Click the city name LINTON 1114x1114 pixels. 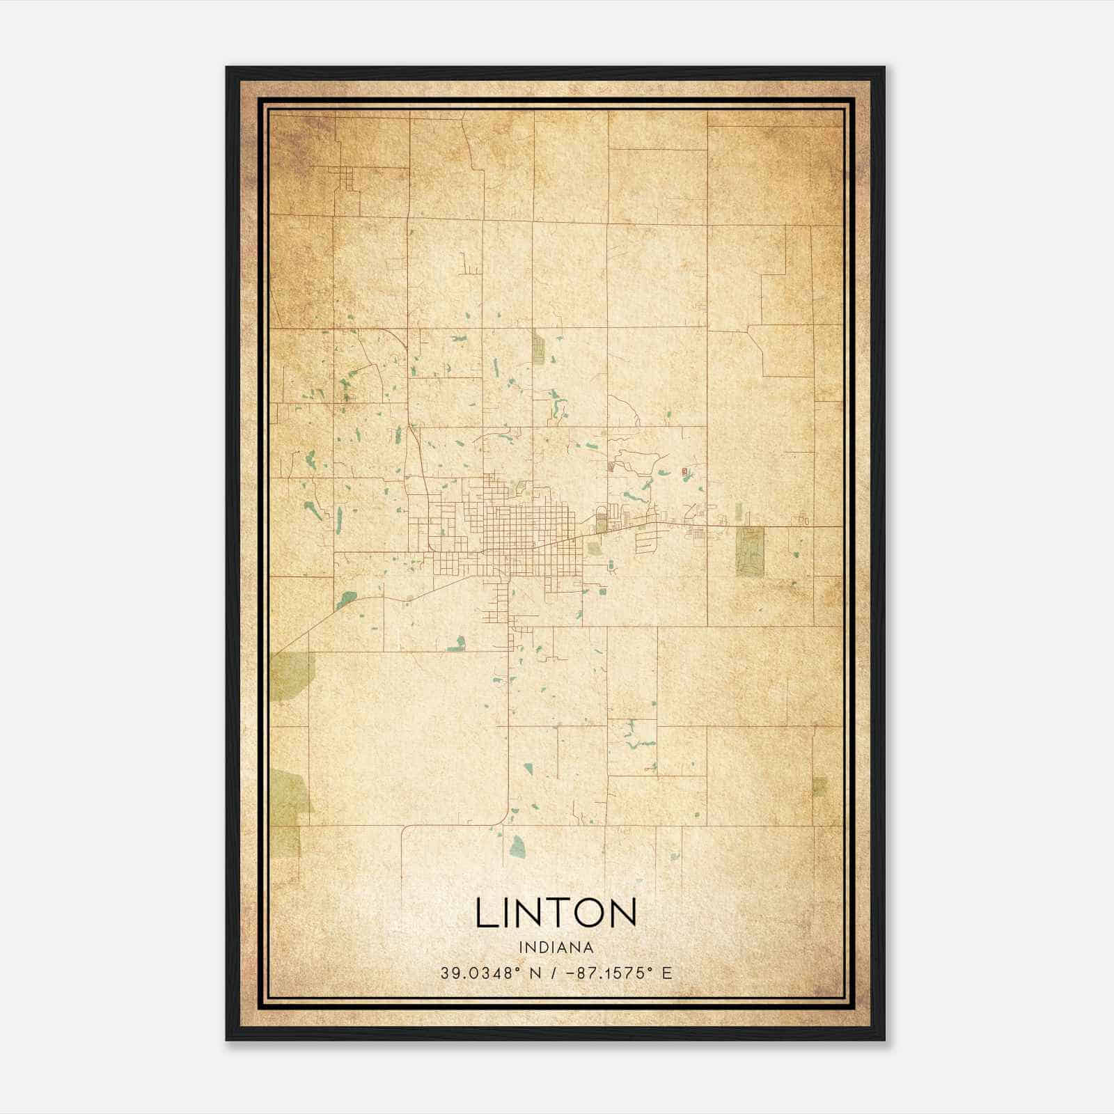click(556, 913)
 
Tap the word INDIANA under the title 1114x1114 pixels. click(556, 948)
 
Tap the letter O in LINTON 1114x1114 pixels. click(583, 913)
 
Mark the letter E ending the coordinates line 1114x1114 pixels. click(667, 973)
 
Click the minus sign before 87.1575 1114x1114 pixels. click(572, 973)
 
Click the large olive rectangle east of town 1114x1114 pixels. click(749, 551)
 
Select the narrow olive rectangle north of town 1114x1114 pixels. click(538, 347)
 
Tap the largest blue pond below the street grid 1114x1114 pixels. click(517, 847)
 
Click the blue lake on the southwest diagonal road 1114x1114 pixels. click(346, 599)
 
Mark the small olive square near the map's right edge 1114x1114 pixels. click(819, 786)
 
